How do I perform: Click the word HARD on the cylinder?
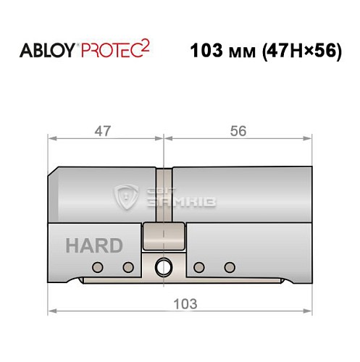click(x=94, y=245)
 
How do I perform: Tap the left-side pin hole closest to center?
click(x=127, y=267)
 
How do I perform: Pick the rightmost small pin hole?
click(x=230, y=267)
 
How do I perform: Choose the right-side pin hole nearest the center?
click(x=198, y=267)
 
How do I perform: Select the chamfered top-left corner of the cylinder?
click(x=52, y=173)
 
